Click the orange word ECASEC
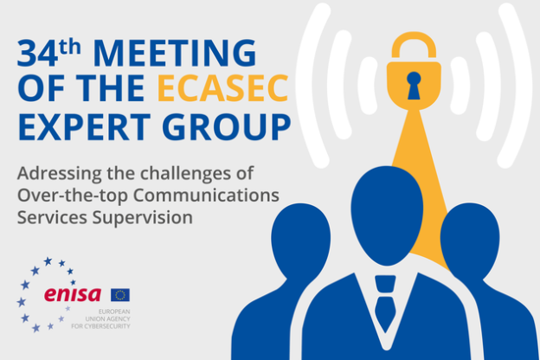222,88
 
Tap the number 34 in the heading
37,54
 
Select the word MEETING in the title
175,53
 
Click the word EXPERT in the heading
84,126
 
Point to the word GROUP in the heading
227,126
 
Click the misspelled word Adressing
59,174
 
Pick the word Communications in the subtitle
206,196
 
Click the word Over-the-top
73,196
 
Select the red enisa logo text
73,294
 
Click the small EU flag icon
120,295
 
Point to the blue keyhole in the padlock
414,86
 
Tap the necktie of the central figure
385,303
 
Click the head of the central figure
387,215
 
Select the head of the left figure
300,241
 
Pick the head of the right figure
470,241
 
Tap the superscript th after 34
70,48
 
